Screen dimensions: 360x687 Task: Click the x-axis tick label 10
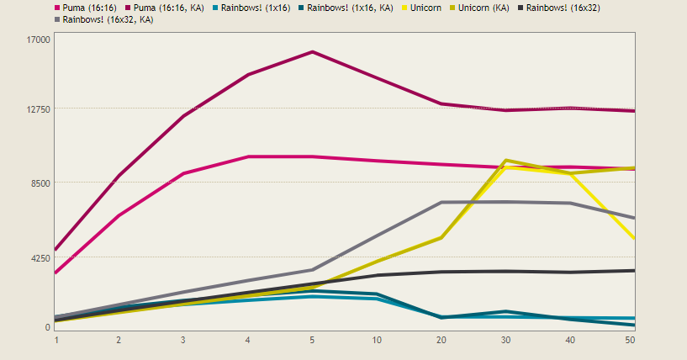click(378, 339)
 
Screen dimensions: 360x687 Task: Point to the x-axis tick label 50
click(630, 339)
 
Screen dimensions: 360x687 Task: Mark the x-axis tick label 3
click(183, 339)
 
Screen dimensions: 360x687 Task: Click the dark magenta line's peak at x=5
click(312, 52)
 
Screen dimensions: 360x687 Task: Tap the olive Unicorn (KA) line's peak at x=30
click(505, 160)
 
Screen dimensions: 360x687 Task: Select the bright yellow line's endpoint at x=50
click(633, 238)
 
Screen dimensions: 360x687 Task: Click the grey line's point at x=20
click(441, 203)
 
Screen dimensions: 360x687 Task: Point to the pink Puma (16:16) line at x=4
click(248, 156)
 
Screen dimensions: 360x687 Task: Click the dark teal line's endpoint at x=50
click(633, 325)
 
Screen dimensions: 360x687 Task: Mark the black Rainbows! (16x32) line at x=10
click(378, 275)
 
